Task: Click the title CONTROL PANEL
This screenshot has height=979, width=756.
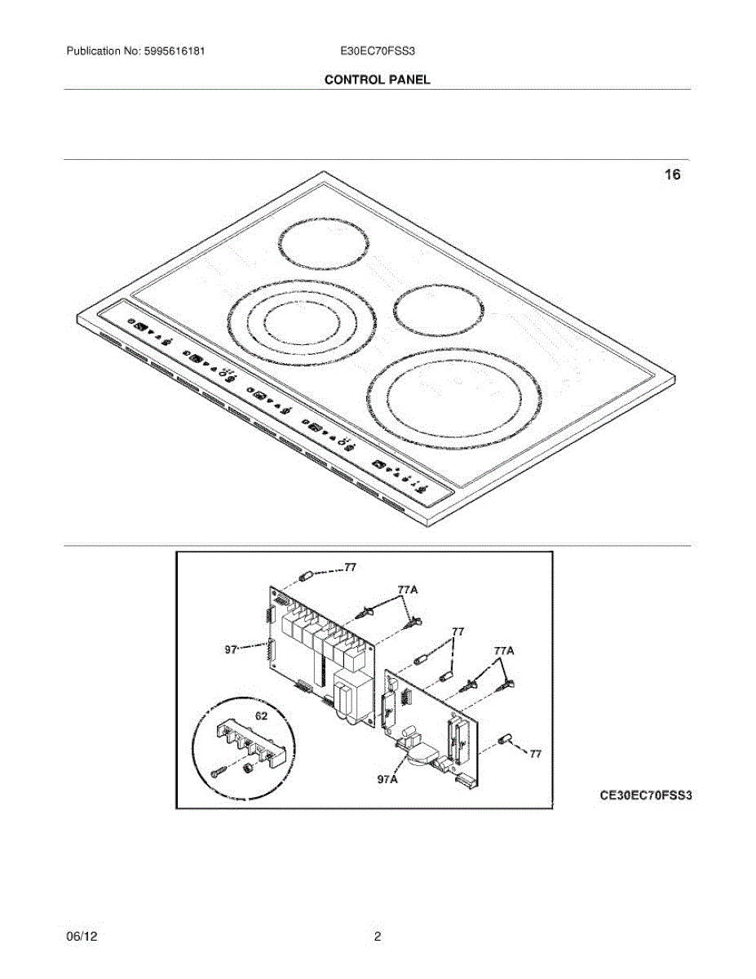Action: [377, 80]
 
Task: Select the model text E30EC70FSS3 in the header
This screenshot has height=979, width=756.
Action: [378, 51]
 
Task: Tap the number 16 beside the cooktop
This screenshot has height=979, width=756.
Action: [672, 175]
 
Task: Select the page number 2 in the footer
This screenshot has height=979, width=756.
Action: [378, 937]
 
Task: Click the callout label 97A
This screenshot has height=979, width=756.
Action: [387, 780]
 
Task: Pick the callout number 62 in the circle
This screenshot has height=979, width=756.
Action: [261, 715]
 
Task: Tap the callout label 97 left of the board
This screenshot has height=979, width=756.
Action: [232, 650]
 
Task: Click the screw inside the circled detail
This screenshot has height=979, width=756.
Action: [217, 770]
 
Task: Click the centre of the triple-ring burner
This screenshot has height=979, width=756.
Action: [302, 318]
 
